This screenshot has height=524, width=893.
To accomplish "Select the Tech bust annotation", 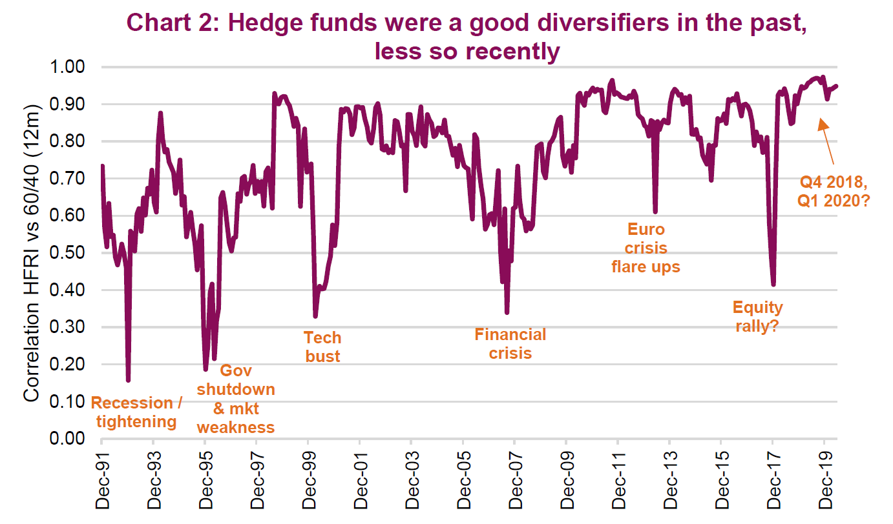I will pyautogui.click(x=322, y=347).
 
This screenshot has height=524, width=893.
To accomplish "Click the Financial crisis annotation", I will pyautogui.click(x=510, y=343).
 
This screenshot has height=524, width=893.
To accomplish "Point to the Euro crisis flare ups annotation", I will pyautogui.click(x=646, y=248).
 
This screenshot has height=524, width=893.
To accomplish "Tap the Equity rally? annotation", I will pyautogui.click(x=757, y=316).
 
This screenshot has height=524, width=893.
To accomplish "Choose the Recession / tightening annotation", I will pyautogui.click(x=136, y=412).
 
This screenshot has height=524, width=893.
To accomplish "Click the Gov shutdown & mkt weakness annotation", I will pyautogui.click(x=236, y=399).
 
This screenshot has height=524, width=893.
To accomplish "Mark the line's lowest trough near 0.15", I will pyautogui.click(x=128, y=379).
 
